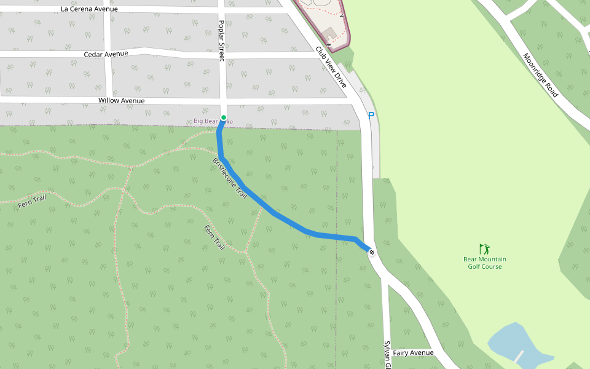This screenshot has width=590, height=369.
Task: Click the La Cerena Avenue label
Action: (90, 9)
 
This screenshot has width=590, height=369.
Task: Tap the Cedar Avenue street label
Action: (106, 54)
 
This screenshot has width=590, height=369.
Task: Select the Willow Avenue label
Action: (121, 100)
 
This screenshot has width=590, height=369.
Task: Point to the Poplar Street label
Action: (222, 40)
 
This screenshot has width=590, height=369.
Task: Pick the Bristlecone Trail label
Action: (229, 178)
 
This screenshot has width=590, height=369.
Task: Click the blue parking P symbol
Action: (371, 116)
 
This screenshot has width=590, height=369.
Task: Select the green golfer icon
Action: (485, 249)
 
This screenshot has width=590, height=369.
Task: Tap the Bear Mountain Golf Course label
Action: (485, 263)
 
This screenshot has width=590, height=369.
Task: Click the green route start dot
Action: (224, 117)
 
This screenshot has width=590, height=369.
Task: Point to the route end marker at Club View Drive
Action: (372, 252)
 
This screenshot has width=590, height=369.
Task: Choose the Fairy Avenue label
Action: (414, 352)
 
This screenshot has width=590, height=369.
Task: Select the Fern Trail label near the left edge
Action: (32, 200)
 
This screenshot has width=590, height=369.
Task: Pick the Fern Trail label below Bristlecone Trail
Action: (214, 237)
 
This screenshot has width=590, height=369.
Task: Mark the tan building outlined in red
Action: (328, 33)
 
